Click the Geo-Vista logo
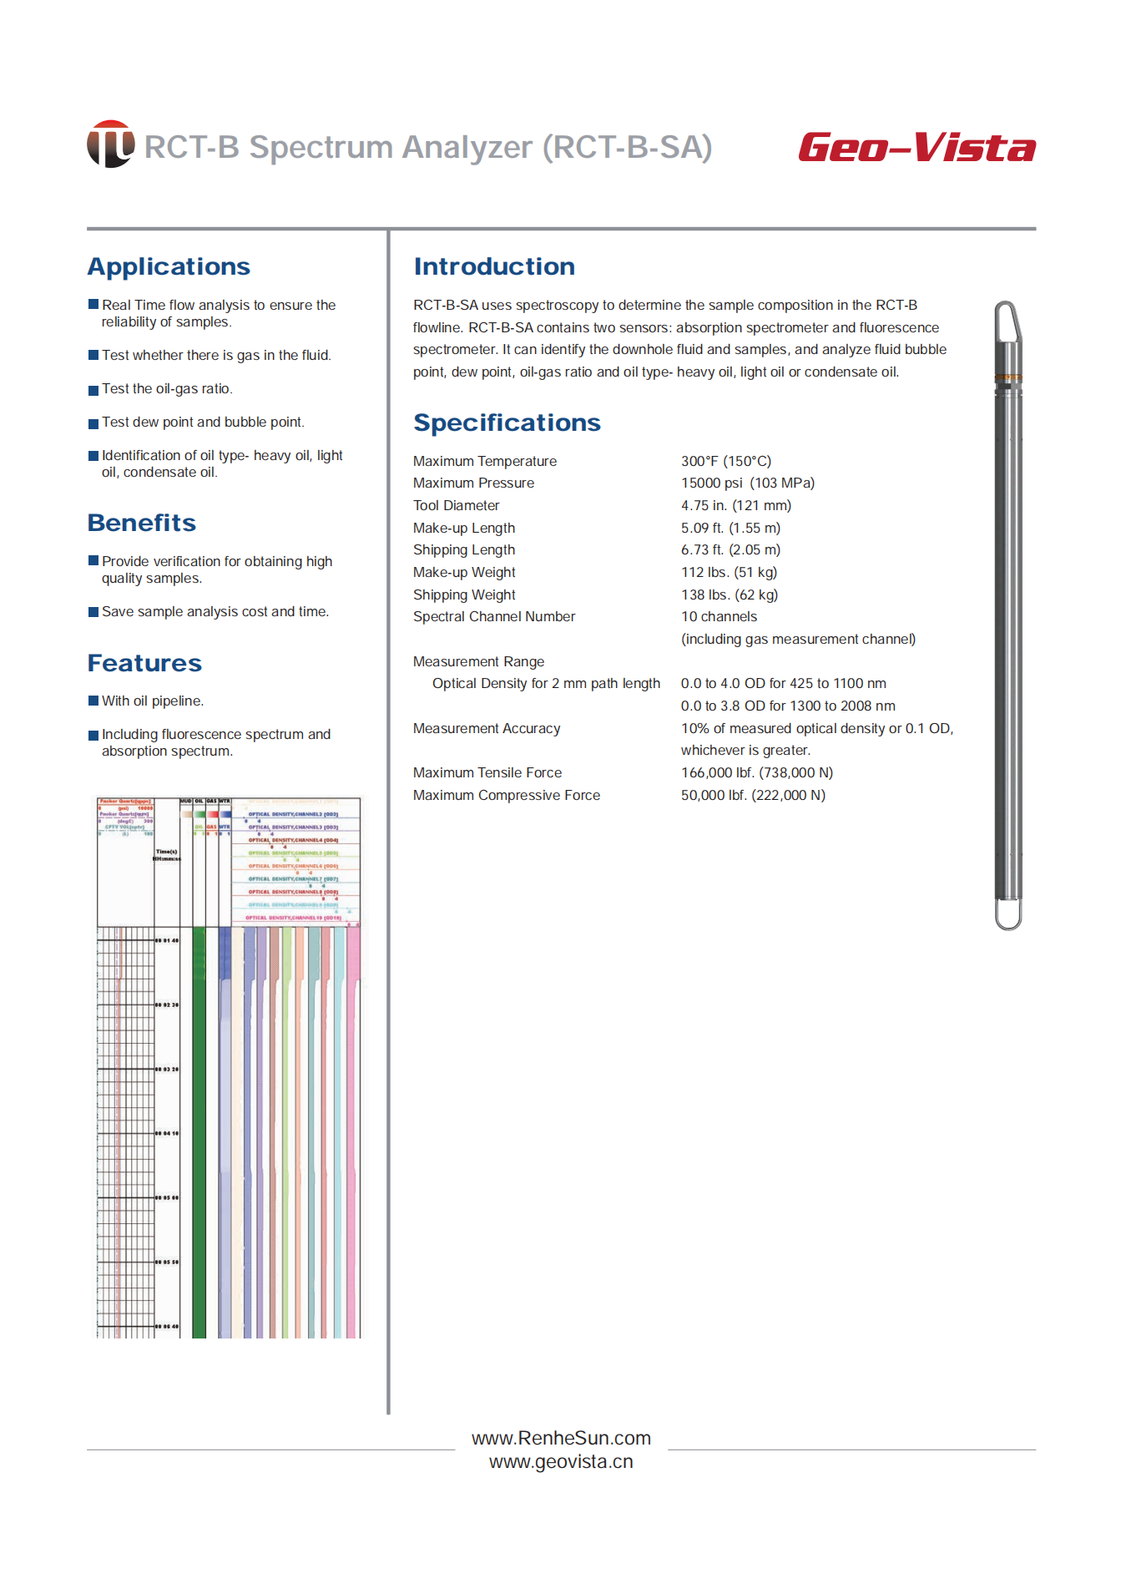[916, 148]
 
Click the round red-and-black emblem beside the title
[110, 144]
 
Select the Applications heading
[169, 266]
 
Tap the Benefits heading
[142, 523]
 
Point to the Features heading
[144, 663]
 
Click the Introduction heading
[494, 266]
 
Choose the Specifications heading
[507, 423]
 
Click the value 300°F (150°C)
[725, 461]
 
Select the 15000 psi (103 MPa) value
[747, 483]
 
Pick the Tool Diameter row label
[456, 505]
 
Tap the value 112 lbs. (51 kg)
[729, 572]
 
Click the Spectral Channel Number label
[493, 616]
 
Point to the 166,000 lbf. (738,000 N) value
[756, 772]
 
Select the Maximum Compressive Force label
[506, 795]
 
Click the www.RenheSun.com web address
[561, 1438]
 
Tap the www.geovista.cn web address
[561, 1461]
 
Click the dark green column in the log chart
[199, 1127]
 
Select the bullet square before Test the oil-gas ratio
[93, 390]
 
